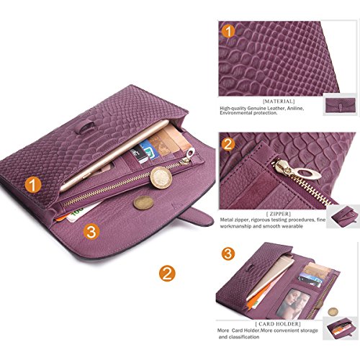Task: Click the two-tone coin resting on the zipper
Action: [161, 178]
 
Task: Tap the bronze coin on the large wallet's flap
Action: [143, 203]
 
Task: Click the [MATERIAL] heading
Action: [279, 102]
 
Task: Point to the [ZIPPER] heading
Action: [279, 214]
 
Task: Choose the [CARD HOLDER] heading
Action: [278, 324]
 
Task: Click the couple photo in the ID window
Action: [292, 303]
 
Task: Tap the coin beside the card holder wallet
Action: [333, 312]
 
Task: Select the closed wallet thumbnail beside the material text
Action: [340, 105]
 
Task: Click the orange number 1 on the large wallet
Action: [33, 185]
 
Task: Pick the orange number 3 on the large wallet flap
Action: [91, 232]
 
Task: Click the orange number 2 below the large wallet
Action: [167, 274]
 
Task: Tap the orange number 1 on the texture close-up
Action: [228, 31]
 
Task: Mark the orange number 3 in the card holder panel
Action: [228, 253]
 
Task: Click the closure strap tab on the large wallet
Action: [196, 217]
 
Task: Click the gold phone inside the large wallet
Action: [114, 156]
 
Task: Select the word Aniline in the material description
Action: [294, 108]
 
